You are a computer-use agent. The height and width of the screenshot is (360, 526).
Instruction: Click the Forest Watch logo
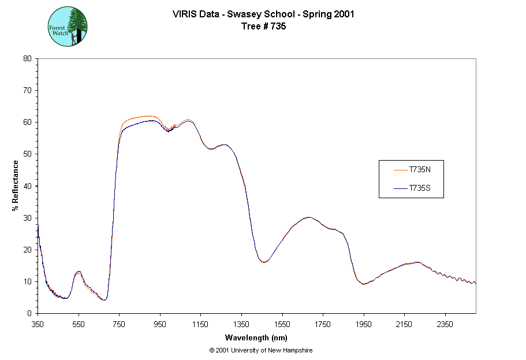[68, 27]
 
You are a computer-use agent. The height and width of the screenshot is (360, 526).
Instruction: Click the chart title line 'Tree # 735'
[263, 25]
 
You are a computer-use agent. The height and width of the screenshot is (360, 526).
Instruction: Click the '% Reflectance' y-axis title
[16, 185]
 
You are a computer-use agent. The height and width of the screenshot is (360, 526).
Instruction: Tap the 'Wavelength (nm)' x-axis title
[256, 337]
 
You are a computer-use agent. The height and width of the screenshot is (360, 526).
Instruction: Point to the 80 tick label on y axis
[27, 58]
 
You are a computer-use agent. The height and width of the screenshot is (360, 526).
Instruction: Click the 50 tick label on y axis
[27, 154]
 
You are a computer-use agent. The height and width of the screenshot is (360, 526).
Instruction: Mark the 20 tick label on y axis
[27, 250]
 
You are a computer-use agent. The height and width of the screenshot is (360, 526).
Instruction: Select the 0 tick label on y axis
[29, 313]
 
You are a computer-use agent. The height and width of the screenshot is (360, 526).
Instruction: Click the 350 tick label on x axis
[38, 324]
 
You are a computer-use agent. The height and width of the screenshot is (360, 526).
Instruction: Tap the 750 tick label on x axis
[119, 324]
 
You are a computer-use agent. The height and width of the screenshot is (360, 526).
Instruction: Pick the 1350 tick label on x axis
[241, 324]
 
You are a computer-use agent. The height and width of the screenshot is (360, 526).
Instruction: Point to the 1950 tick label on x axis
[364, 324]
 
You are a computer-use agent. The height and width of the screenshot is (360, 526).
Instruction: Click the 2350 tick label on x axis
[445, 324]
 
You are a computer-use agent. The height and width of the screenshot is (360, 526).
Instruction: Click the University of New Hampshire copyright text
[261, 350]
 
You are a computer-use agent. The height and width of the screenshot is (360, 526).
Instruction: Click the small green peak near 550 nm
[79, 272]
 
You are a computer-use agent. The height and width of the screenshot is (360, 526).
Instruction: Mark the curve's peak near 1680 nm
[309, 217]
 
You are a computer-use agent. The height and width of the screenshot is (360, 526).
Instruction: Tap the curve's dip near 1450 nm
[264, 262]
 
